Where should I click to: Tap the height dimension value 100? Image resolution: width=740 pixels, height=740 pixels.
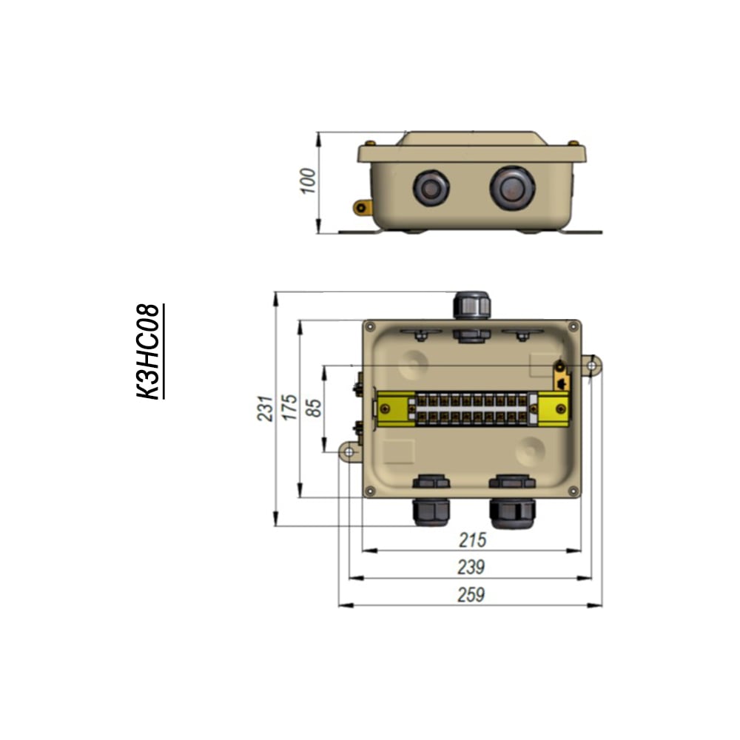tap(308, 181)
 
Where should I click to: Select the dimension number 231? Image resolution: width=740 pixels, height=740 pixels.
tap(265, 408)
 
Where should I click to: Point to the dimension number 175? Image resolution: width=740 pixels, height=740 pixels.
tap(289, 407)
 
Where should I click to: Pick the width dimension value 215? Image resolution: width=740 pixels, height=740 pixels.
tap(472, 540)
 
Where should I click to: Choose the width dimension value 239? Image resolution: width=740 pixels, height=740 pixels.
tap(471, 568)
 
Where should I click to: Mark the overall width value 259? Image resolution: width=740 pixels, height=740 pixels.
tap(471, 595)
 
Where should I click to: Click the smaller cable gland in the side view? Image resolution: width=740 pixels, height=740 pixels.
tap(431, 188)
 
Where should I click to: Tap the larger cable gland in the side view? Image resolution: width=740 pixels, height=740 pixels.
tap(513, 187)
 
